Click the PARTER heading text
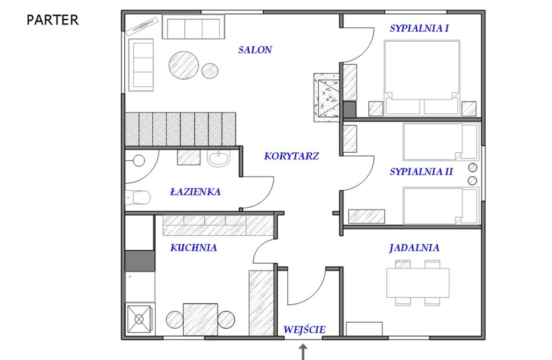[x=52, y=20]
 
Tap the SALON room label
[x=255, y=50]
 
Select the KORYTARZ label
[x=292, y=156]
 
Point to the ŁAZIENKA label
[x=196, y=192]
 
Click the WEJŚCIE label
[x=304, y=330]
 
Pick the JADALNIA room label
[x=414, y=248]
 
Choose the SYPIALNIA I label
[x=419, y=28]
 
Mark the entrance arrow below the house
[x=303, y=352]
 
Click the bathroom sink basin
[x=218, y=158]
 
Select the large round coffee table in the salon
[x=184, y=65]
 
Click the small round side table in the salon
[x=210, y=71]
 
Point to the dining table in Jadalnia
[x=418, y=283]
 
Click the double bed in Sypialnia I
[x=422, y=78]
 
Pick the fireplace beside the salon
[x=326, y=98]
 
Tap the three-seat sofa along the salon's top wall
[x=194, y=27]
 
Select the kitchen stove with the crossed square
[x=139, y=319]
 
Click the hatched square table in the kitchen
[x=200, y=319]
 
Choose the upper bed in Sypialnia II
[x=441, y=142]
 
